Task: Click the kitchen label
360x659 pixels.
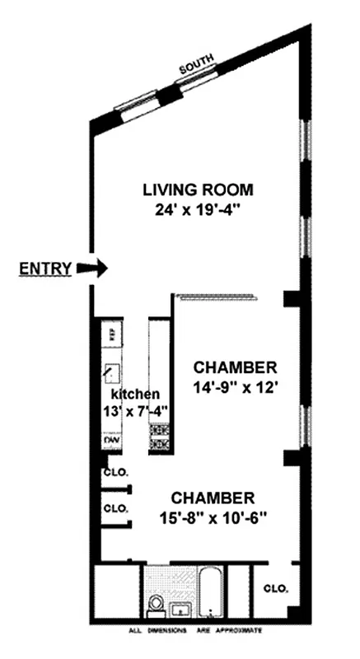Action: point(136,394)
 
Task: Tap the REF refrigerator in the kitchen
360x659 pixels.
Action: point(108,334)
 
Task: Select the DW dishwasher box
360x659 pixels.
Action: point(109,442)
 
